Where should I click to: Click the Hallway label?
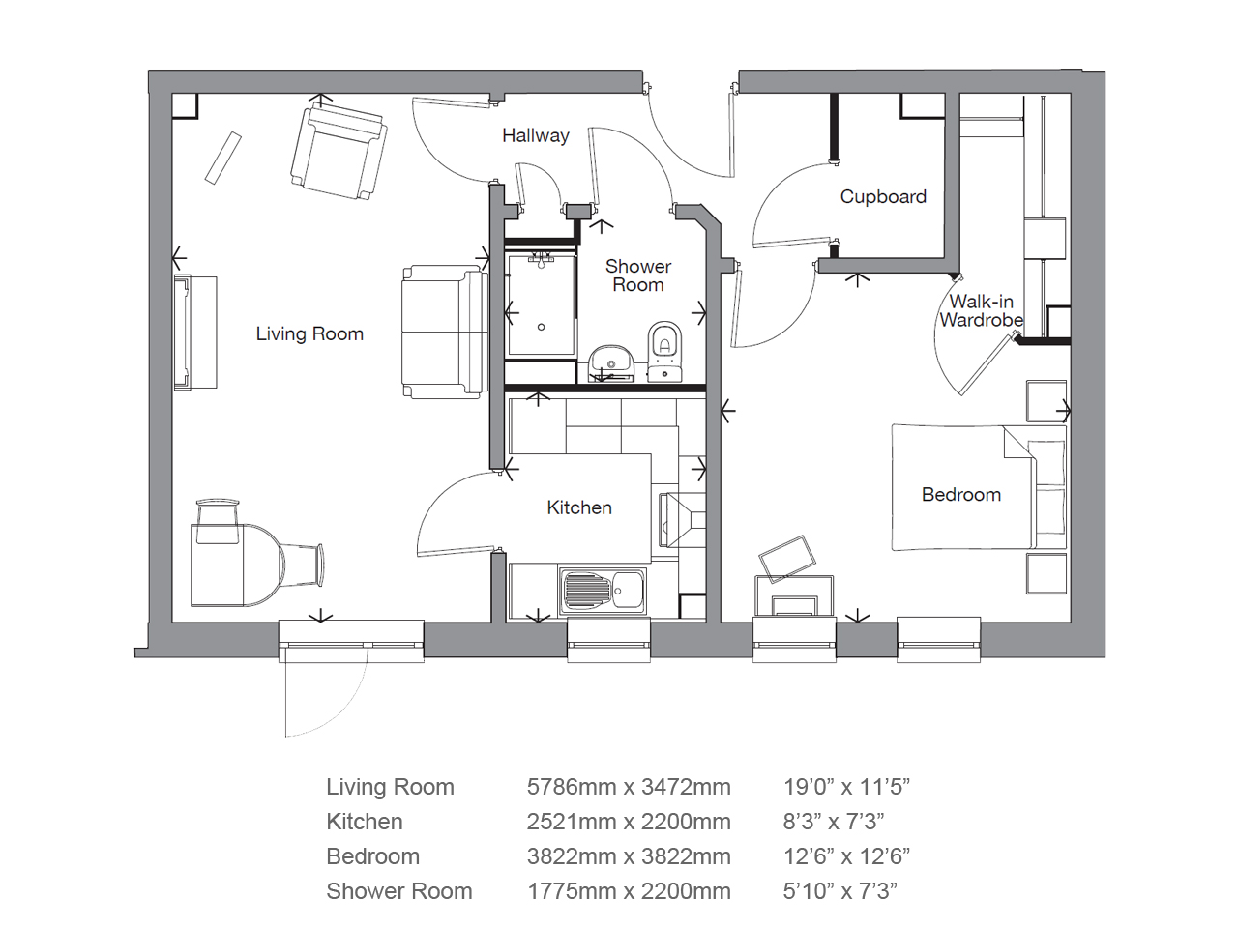coord(536,135)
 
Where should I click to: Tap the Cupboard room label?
coord(883,196)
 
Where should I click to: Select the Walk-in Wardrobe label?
coord(982,310)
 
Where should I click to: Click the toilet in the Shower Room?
coord(665,352)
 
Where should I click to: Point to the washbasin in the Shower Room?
coord(611,362)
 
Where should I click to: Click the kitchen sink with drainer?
coord(602,591)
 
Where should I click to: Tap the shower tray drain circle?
coord(542,327)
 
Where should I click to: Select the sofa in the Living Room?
coord(445,332)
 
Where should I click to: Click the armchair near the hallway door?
coord(339,153)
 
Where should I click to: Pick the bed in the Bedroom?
coord(979,487)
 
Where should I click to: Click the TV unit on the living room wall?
coord(195,333)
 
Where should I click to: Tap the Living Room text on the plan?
coord(309,334)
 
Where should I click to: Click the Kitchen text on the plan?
coord(579,507)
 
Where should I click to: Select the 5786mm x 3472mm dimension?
coord(629,787)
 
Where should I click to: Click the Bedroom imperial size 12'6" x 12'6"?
coord(846,856)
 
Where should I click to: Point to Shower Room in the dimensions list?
coord(399,891)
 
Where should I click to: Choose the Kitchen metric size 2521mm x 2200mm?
coord(629,822)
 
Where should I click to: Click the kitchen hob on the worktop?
coord(683,519)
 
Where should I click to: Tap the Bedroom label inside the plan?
coord(961,495)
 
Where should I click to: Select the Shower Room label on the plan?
coord(638,275)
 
